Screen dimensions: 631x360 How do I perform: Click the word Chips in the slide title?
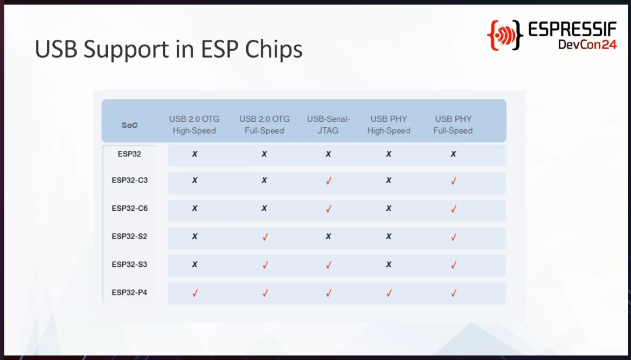[274, 50]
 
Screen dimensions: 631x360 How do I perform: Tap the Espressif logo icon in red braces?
[505, 36]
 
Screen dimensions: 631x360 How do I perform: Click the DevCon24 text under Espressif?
[587, 44]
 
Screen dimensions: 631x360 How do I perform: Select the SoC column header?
[129, 125]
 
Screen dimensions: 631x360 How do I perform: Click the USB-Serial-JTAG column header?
[328, 125]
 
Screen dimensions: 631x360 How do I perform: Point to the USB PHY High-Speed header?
[389, 125]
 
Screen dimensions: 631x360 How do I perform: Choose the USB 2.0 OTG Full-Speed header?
[265, 125]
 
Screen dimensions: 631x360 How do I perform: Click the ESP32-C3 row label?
[129, 180]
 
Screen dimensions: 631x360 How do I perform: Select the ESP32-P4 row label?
[129, 292]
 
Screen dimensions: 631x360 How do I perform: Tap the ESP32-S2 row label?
[129, 237]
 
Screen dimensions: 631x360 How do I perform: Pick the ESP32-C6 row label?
[129, 208]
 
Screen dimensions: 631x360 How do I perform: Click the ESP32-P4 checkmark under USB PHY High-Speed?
[389, 293]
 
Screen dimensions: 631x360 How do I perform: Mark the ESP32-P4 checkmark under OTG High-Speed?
[195, 293]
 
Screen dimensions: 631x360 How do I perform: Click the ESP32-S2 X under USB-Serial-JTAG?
[328, 237]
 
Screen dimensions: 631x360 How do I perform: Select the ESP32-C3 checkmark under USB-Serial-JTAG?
[329, 181]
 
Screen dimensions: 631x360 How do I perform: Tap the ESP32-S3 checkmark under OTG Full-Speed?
[265, 265]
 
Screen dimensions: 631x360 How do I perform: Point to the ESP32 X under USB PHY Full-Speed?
[453, 154]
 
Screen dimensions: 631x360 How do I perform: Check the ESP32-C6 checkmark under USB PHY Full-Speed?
[454, 209]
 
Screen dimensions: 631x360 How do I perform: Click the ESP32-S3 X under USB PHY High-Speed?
[389, 265]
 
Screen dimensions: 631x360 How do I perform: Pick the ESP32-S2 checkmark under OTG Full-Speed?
[265, 237]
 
